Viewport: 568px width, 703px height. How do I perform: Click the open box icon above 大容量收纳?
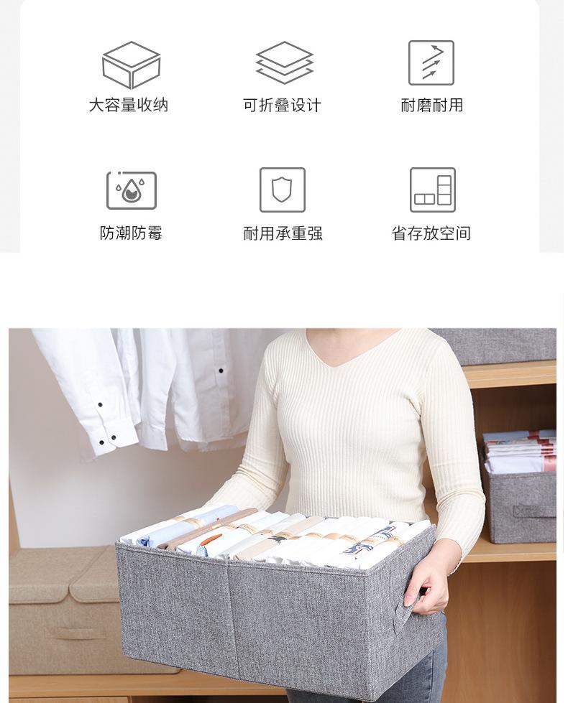(x=131, y=65)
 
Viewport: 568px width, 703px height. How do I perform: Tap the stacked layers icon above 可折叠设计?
(x=285, y=62)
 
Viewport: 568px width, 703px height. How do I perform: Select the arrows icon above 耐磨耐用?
(x=431, y=62)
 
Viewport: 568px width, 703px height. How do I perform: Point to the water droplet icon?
(x=132, y=190)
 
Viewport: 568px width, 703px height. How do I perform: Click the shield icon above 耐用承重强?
(x=283, y=190)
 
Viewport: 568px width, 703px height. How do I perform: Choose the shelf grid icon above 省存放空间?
(x=432, y=190)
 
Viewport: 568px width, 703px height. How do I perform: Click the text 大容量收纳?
(x=129, y=106)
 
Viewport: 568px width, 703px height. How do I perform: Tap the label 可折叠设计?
(x=282, y=106)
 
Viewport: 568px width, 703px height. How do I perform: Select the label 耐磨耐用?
(x=431, y=106)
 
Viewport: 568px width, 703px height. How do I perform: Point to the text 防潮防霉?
(x=131, y=233)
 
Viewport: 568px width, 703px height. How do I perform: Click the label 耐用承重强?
(x=283, y=233)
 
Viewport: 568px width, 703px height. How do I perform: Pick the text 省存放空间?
(x=431, y=233)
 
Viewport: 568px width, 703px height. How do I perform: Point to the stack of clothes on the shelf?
(x=519, y=452)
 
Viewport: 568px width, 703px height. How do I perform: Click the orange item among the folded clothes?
(x=211, y=538)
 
